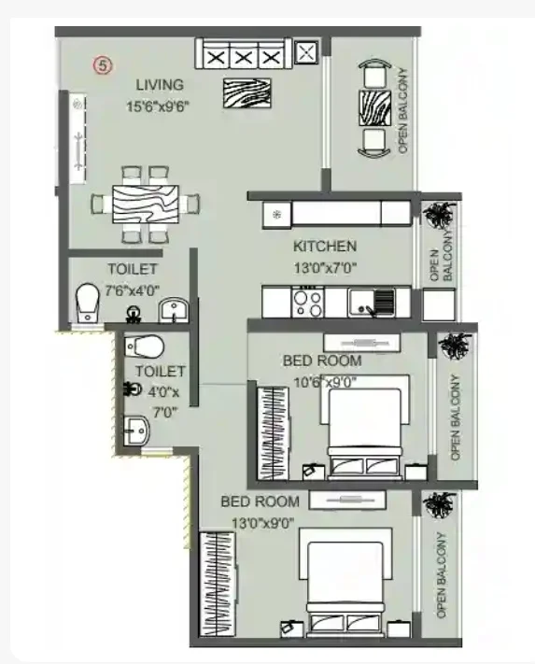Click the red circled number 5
pos(103,65)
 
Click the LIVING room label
pos(160,85)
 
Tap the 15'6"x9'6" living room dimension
pos(158,106)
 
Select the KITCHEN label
pos(325,246)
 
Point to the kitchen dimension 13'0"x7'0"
pos(325,268)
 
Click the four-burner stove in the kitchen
pos(308,301)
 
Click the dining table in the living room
pos(145,205)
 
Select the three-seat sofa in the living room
pos(244,54)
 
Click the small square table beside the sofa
pos(306,52)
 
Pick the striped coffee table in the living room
pos(247,93)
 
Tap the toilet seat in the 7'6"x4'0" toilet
pos(87,302)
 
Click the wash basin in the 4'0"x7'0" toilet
pos(136,431)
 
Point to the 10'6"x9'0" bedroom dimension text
pos(325,382)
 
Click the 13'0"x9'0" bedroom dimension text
pos(263,523)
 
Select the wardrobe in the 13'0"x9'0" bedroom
pos(218,584)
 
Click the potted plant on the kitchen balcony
pos(440,215)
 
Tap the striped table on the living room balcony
pos(375,107)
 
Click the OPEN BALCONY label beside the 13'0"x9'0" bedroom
pos(442,575)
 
